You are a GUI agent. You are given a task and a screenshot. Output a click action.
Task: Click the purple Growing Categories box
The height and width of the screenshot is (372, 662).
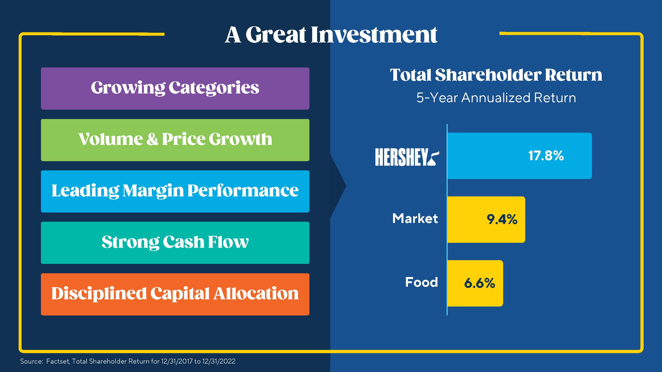(x=175, y=88)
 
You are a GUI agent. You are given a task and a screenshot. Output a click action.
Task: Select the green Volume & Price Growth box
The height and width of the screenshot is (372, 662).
(x=175, y=140)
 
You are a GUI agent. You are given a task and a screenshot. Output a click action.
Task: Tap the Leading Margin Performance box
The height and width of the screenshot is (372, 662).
(x=175, y=191)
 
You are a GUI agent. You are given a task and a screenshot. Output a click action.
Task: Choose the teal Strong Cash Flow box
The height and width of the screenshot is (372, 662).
(x=175, y=243)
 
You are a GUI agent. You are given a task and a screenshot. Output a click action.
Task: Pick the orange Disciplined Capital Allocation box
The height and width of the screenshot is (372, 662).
(x=175, y=294)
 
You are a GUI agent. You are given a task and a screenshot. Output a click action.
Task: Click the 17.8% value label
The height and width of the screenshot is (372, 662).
(x=546, y=156)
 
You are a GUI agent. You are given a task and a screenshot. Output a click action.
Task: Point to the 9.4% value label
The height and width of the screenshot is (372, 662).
(x=502, y=219)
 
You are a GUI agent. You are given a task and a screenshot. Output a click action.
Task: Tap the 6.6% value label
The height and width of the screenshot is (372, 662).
(x=479, y=283)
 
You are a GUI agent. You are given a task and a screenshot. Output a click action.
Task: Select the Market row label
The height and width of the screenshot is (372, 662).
(x=415, y=219)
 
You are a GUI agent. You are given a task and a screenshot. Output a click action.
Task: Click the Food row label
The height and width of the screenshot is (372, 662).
(x=421, y=282)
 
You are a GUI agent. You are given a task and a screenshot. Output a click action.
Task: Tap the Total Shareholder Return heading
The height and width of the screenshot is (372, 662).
(x=496, y=75)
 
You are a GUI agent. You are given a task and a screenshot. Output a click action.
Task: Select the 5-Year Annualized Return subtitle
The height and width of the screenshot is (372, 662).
(x=496, y=98)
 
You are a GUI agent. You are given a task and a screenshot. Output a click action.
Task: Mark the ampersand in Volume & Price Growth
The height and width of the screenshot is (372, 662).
(x=152, y=139)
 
